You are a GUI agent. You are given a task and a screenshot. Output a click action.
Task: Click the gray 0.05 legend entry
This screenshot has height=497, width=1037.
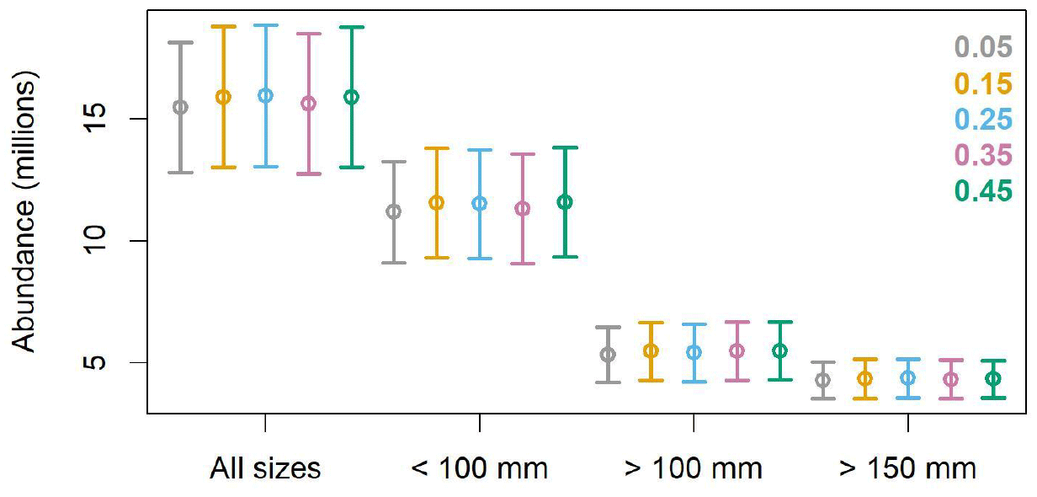coord(983,47)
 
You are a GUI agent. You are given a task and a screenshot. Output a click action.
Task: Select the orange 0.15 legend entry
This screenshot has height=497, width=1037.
coord(983,83)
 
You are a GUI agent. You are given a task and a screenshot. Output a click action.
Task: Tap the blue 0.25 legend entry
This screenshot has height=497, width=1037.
coord(983,120)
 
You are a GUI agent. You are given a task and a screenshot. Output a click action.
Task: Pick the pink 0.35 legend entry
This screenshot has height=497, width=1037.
coord(983,156)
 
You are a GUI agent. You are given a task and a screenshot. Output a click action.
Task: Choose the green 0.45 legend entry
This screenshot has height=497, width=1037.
coord(983,192)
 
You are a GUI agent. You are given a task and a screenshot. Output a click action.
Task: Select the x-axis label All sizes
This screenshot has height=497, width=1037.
coord(265,468)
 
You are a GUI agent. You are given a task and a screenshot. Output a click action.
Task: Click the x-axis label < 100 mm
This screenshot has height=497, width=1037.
coord(479,468)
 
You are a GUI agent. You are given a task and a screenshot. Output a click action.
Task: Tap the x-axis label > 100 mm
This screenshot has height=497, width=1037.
coord(693,468)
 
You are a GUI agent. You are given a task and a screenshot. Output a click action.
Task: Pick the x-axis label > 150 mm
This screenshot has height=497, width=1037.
coord(907,468)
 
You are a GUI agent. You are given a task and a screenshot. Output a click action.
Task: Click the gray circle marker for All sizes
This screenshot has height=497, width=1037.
coord(180,107)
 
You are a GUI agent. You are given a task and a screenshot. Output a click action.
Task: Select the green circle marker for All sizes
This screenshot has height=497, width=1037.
coord(351,97)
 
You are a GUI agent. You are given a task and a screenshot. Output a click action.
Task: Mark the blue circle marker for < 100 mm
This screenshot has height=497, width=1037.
coord(480,203)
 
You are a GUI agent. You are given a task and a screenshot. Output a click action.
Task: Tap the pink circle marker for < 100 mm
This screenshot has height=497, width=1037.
coord(523,208)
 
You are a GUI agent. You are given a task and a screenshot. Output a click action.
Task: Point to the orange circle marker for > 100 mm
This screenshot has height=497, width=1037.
coord(651,350)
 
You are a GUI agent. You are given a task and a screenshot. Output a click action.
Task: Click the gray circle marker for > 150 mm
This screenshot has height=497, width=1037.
coord(822,380)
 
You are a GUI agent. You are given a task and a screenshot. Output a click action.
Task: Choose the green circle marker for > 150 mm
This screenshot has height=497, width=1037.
coord(993,378)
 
